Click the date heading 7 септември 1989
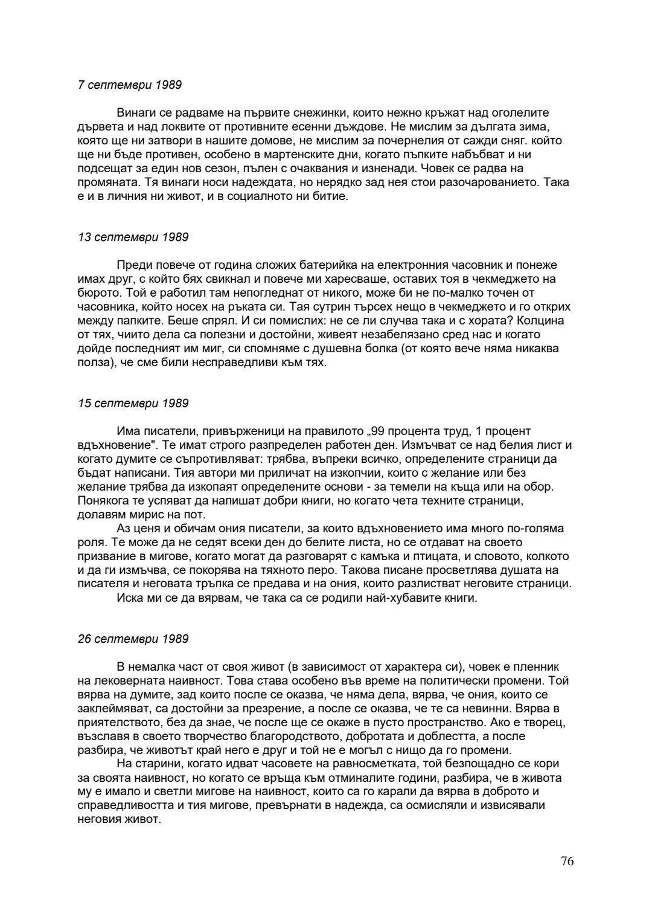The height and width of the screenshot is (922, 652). (130, 85)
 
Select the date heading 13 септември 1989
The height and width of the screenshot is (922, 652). (133, 237)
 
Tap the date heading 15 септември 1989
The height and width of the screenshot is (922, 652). (133, 403)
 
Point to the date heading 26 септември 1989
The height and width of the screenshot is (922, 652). (133, 639)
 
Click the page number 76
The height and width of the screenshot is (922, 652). (567, 861)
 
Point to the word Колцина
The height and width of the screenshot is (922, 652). (546, 321)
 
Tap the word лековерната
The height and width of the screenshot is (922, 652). (126, 681)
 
